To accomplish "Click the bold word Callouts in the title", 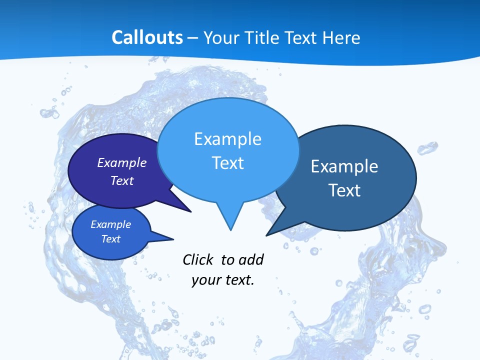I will pos(147,37).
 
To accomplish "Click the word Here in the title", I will pos(341,37).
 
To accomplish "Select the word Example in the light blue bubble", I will pos(227,139).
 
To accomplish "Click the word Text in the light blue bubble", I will pos(227,163).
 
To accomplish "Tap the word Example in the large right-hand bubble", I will pos(344,166).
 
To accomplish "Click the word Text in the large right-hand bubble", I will pos(344,190).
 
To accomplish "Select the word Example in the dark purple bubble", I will pos(122,162).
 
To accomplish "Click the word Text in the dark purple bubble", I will pos(122,180).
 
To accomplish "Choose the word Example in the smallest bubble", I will pos(110,224).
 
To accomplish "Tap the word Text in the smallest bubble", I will pos(110,239).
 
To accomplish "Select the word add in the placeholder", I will pos(251,260).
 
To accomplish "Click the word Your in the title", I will pos(220,37).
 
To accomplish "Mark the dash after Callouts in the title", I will pos(192,37).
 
